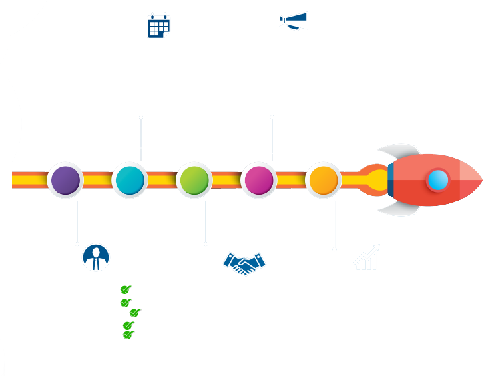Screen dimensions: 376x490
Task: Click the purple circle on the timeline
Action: click(65, 180)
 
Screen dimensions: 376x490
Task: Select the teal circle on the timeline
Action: click(130, 180)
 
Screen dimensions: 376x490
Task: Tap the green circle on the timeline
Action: click(194, 180)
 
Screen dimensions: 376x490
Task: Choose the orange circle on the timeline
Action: click(324, 180)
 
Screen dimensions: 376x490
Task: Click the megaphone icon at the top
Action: click(294, 21)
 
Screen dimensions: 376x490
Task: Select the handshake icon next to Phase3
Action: click(244, 264)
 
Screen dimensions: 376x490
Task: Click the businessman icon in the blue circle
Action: click(96, 257)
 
